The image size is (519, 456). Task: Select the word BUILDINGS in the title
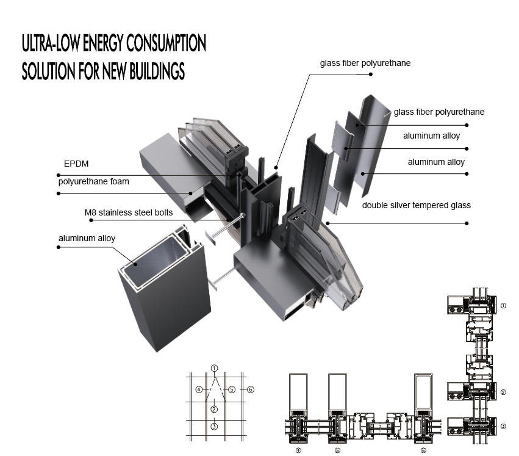point(152,71)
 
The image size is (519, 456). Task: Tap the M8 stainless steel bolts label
point(128,213)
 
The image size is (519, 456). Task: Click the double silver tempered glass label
point(416,205)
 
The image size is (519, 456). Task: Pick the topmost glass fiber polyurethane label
point(365,63)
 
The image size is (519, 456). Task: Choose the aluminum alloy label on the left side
point(87,238)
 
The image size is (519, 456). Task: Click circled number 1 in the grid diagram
point(214,368)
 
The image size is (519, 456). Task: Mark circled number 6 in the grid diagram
point(250,389)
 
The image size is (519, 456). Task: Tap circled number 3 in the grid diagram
point(214,427)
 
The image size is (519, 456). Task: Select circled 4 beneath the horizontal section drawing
point(298,451)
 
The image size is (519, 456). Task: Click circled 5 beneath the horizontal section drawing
point(337,451)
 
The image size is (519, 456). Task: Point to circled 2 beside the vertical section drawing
point(503,393)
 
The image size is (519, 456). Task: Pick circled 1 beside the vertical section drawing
point(503,305)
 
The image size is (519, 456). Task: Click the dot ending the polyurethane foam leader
point(59,194)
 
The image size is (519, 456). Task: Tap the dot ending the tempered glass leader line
point(468,223)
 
